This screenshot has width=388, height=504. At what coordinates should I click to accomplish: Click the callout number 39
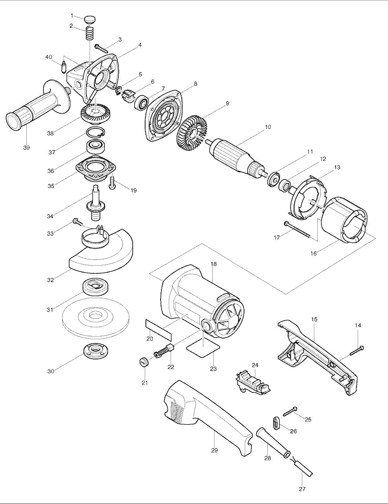26,147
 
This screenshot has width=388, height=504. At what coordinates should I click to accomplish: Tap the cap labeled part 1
90,19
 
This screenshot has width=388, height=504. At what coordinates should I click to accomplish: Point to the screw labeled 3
101,49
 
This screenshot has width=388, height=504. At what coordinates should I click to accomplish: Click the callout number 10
268,127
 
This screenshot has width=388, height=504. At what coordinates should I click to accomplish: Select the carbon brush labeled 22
163,354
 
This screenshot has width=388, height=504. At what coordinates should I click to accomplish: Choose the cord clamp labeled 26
275,423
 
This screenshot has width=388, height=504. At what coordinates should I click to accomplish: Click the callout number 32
50,280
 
